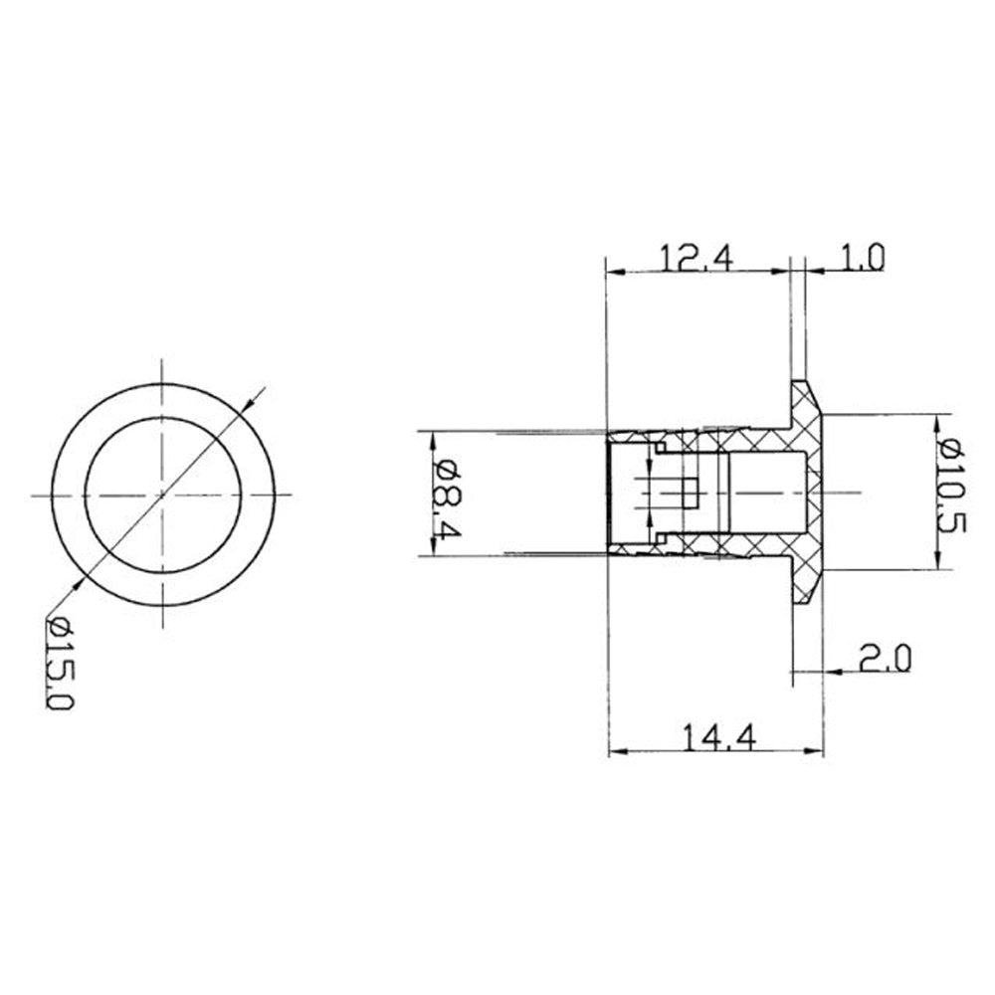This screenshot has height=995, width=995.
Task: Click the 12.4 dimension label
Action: (x=696, y=258)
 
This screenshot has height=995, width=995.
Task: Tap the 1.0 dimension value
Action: (x=862, y=258)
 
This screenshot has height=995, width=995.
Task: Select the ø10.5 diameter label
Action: (x=952, y=486)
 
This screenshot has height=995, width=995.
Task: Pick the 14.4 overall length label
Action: (x=719, y=737)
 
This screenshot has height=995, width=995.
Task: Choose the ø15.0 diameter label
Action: (x=62, y=663)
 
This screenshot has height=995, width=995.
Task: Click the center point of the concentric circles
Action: (x=163, y=495)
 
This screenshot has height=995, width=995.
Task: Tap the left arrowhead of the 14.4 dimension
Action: (x=619, y=752)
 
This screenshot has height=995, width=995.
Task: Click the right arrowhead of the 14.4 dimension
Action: (x=814, y=752)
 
